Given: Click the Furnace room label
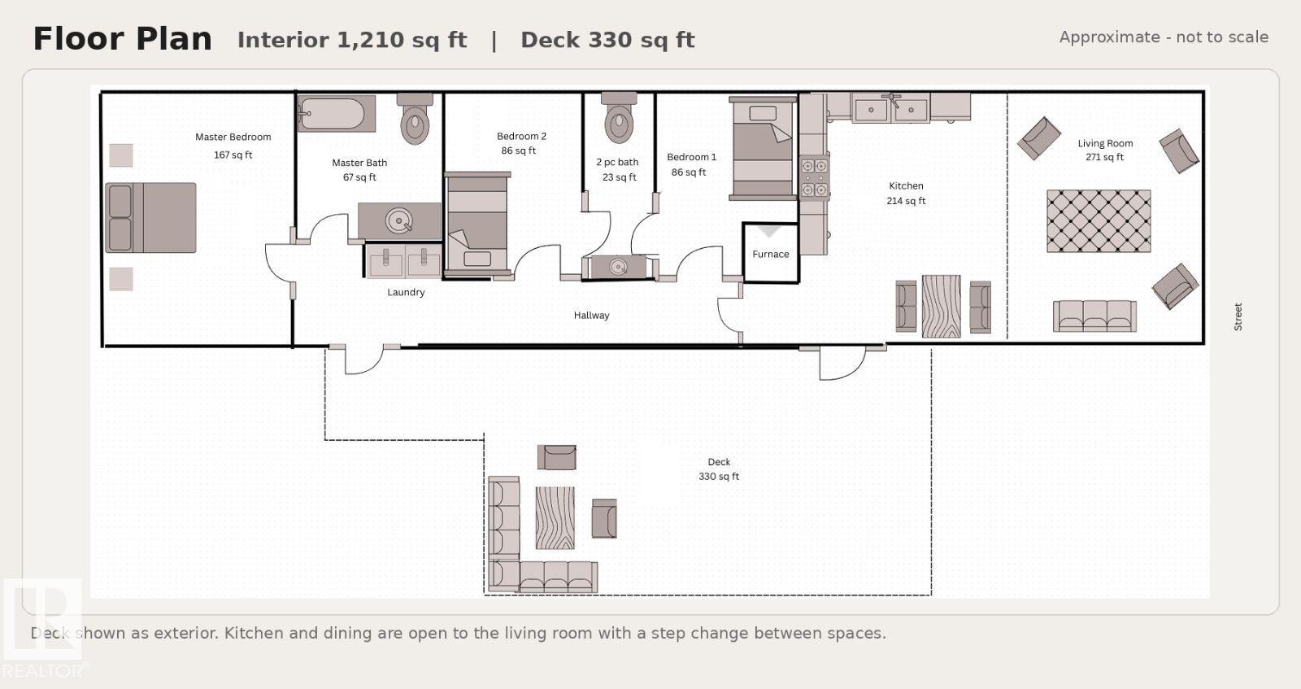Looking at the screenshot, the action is (770, 254).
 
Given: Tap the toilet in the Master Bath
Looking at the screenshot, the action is (415, 119).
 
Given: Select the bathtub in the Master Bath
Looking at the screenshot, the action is (337, 113).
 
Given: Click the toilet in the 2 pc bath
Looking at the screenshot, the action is (619, 117).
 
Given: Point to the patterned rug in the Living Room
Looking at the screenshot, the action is (1099, 220).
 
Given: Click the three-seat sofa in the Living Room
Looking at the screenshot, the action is (1094, 316).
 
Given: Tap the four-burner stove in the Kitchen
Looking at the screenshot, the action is (814, 178).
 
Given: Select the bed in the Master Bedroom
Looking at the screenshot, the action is (150, 218).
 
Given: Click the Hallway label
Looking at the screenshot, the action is (591, 316).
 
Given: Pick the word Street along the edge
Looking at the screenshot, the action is (1238, 316).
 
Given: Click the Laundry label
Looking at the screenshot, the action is (406, 292).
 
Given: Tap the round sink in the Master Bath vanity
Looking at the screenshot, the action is (399, 220).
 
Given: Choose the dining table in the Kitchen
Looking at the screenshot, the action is (941, 306).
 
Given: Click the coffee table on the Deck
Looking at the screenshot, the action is (555, 518).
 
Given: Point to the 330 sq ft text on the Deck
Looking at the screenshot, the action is (719, 477).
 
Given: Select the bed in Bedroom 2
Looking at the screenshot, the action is (476, 224).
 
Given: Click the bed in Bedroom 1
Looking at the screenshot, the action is (763, 148).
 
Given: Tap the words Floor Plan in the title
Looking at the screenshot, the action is (123, 39).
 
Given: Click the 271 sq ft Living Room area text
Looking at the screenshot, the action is (1104, 157).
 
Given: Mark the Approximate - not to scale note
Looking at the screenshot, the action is (1164, 37).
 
